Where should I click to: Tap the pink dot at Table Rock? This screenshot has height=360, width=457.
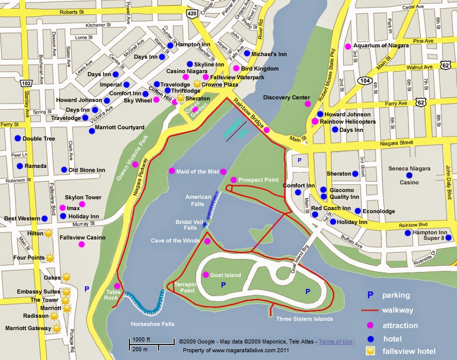pos(117,286)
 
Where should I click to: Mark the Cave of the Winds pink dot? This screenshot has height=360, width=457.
pos(207,241)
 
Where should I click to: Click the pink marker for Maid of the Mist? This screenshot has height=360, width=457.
pos(172,171)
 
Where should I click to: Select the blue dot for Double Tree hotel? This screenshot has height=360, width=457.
pos(18,139)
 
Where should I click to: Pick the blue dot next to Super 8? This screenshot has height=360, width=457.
pos(449,237)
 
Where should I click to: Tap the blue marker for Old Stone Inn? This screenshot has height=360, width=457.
pos(64,170)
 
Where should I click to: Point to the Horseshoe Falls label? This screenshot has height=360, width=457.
pos(153,324)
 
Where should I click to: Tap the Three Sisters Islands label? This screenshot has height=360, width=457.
pos(304,319)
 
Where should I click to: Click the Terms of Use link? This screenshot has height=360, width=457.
pos(335,341)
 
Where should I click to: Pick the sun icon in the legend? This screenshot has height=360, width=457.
pos(369,351)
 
